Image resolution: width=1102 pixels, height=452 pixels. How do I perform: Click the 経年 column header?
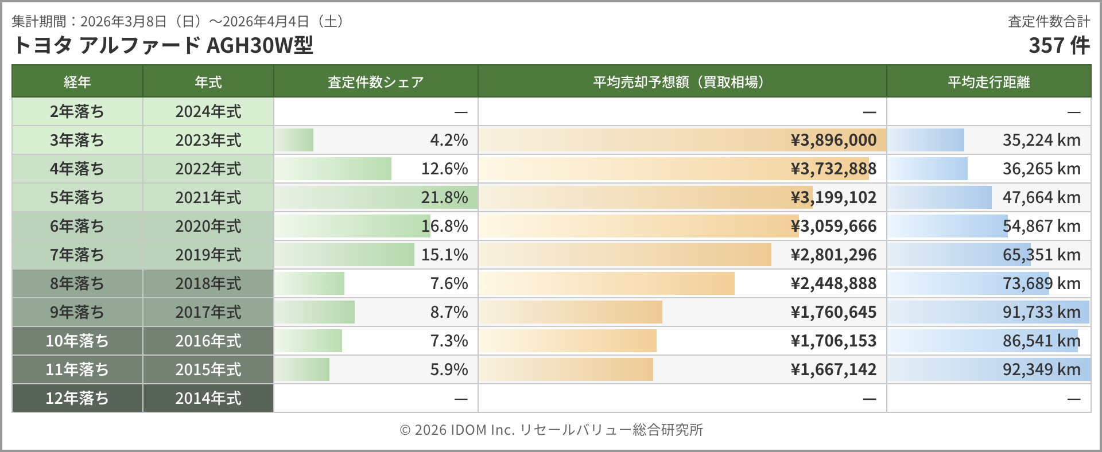click(77, 82)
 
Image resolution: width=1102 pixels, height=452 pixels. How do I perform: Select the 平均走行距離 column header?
click(988, 82)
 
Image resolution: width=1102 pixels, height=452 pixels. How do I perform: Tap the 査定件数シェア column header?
click(375, 82)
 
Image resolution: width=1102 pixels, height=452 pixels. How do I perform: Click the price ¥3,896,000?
click(833, 140)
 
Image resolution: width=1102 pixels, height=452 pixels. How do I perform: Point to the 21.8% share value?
click(444, 197)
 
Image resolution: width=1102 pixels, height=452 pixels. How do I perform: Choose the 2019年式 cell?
click(208, 255)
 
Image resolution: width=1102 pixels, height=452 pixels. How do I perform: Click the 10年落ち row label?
click(77, 341)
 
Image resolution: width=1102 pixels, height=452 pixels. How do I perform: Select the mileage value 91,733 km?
click(1041, 312)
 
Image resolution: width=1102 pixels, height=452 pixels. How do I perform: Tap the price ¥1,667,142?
click(833, 369)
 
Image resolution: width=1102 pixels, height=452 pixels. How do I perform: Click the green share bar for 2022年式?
click(333, 169)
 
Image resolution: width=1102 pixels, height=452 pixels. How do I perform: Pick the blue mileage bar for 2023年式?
click(925, 140)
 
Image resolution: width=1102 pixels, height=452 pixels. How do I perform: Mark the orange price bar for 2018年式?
click(607, 283)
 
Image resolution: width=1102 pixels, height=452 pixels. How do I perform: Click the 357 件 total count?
click(1059, 45)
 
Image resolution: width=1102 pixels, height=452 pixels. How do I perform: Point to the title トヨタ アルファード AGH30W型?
click(162, 45)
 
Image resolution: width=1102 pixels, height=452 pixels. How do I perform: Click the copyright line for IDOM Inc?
click(551, 430)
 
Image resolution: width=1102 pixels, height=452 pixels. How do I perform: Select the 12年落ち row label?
click(77, 398)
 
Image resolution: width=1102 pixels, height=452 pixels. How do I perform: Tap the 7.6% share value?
click(449, 283)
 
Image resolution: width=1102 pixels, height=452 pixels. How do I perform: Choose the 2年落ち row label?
click(77, 111)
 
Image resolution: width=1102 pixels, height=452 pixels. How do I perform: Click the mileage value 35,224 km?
click(1041, 140)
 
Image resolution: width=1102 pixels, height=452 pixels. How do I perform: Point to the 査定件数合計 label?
click(1049, 22)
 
